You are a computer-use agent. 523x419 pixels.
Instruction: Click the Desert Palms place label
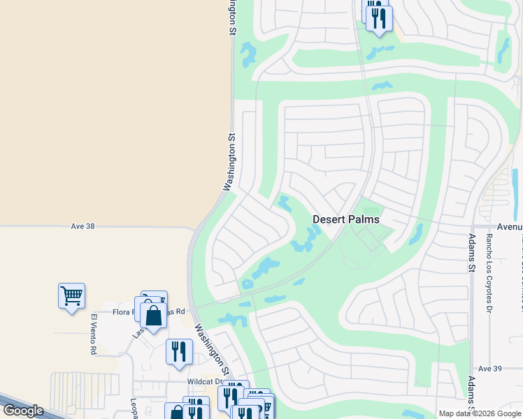345,219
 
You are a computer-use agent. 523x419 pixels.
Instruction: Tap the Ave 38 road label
83,226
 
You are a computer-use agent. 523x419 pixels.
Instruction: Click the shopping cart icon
71,296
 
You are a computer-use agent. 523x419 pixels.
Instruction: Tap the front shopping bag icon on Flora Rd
153,316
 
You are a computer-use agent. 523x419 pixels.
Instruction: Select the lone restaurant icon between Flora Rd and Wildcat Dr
179,351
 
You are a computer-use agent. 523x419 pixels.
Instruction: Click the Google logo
23,411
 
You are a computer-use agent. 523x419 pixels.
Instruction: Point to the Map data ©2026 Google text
480,413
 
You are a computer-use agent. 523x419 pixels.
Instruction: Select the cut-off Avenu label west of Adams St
510,227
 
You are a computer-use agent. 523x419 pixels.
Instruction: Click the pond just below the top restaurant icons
380,52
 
